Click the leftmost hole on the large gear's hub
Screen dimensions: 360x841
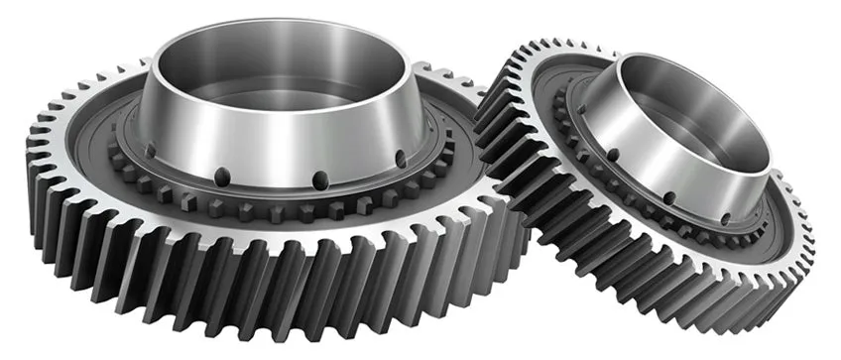point(150,152)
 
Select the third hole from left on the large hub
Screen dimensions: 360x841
point(320,180)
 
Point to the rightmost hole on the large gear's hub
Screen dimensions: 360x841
point(400,159)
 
